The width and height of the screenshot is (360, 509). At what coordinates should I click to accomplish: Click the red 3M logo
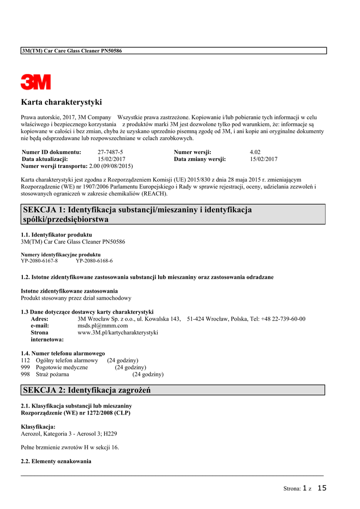[x=35, y=82]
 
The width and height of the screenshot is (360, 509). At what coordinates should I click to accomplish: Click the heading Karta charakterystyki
[x=61, y=102]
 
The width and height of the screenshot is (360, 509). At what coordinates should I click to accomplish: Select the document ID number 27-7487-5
[x=110, y=152]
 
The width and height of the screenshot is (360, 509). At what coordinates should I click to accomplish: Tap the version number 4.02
[x=255, y=152]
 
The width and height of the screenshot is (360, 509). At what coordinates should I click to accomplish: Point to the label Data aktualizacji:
[x=45, y=159]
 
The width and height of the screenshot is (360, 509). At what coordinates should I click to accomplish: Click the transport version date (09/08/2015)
[x=117, y=166]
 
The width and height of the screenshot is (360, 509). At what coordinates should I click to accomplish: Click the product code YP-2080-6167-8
[x=39, y=260]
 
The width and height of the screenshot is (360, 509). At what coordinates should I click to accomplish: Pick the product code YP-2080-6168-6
[x=94, y=260]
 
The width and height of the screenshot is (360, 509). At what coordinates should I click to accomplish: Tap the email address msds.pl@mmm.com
[x=99, y=326]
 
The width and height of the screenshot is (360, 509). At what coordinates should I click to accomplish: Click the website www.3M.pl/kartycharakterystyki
[x=118, y=333]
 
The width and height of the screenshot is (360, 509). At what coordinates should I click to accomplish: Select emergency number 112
[x=25, y=360]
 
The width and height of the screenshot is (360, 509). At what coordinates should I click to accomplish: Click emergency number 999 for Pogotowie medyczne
[x=25, y=367]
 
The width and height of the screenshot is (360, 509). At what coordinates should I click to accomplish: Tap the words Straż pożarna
[x=52, y=374]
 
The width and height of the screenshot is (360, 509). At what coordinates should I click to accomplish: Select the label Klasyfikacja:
[x=38, y=426]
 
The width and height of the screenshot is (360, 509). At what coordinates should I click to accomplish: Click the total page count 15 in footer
[x=322, y=488]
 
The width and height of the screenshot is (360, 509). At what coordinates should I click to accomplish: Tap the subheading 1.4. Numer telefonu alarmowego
[x=63, y=353]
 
